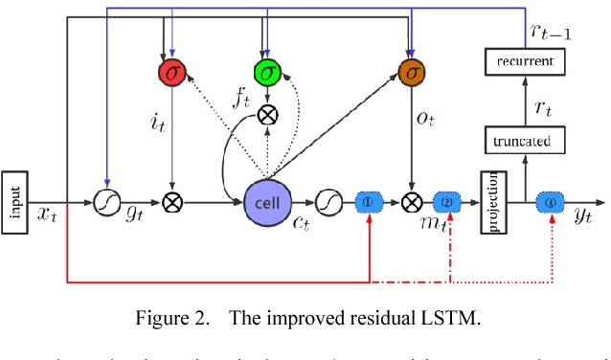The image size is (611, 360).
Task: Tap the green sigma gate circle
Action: (266, 71)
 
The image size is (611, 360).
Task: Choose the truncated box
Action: (524, 142)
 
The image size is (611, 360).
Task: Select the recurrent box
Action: (524, 63)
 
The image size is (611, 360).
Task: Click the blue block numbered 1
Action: (372, 203)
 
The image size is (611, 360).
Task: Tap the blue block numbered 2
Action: (448, 203)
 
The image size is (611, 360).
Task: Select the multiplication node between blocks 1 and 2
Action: (412, 203)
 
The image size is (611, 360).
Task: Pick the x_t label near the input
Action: (47, 216)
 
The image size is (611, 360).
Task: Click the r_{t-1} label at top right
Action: (551, 32)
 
